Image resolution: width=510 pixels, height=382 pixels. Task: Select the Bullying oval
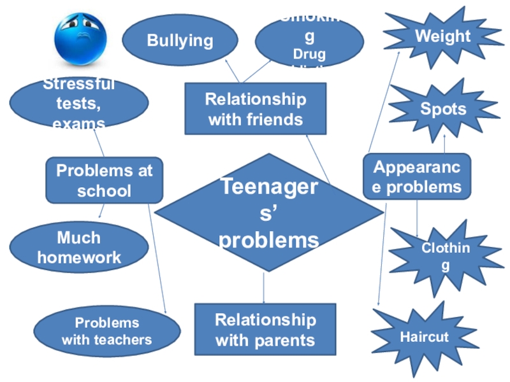point(180,41)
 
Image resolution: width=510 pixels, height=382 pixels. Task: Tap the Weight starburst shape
point(442,37)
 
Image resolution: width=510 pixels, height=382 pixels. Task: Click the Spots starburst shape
point(443,109)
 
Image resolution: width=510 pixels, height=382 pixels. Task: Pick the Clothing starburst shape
point(446,257)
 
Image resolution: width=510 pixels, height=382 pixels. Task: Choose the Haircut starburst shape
point(424,337)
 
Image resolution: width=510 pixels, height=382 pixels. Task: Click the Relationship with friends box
point(255,109)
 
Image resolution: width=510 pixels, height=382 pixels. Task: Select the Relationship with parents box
point(265,329)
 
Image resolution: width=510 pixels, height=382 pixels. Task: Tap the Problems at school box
point(105,180)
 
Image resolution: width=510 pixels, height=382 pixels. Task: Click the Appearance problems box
point(417,177)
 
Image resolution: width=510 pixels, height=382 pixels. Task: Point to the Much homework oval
point(79,247)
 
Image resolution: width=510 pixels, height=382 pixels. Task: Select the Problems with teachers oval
point(106,331)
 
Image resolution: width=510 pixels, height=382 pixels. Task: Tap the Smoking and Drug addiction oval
point(309,41)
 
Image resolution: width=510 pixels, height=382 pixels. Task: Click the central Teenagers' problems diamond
point(269,213)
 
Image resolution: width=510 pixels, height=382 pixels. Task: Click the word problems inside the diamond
point(269,240)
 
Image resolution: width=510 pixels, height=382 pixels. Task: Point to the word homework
point(79,257)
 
